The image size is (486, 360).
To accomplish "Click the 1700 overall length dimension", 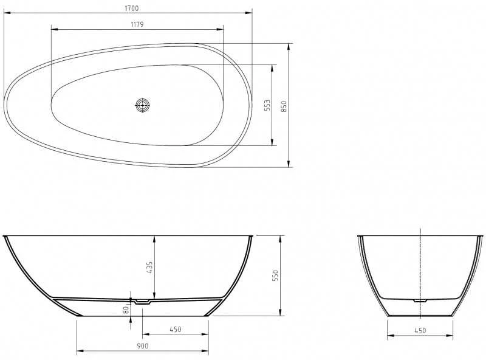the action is point(132,9).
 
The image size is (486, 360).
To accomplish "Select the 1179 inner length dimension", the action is point(137,24).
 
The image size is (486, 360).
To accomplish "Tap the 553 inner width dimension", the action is point(267,105).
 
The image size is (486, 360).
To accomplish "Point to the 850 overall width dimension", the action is point(284,106).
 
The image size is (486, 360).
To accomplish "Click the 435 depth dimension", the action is point(149,267).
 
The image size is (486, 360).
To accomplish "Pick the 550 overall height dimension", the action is point(275,275).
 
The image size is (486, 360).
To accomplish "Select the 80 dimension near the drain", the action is point(126,310).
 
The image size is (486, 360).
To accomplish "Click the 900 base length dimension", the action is point(143,346).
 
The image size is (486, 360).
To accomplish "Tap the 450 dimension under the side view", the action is point(176,329).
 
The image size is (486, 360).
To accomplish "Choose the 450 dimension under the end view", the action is point(420,331).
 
